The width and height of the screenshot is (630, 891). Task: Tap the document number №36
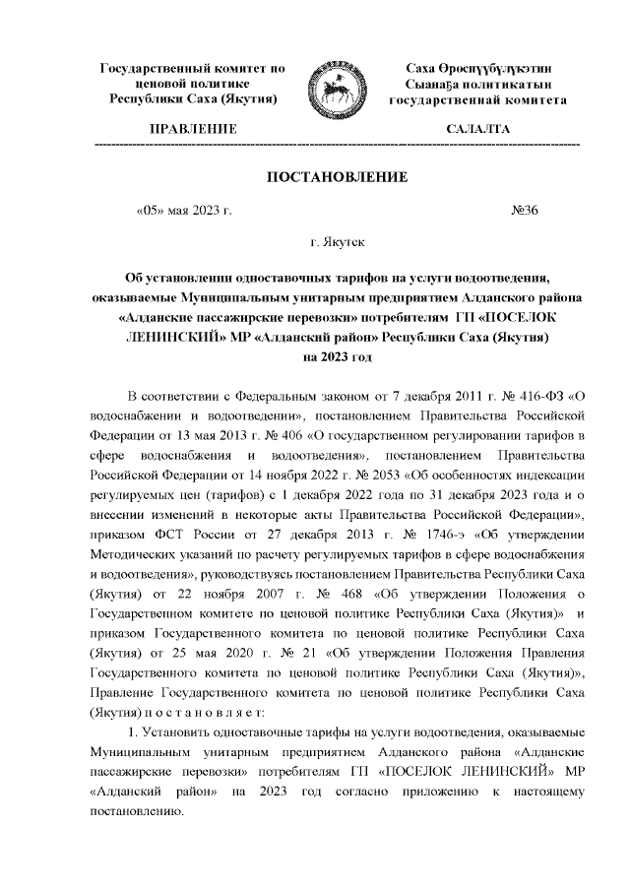pyautogui.click(x=525, y=209)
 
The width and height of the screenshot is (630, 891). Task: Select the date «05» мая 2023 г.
pyautogui.click(x=183, y=209)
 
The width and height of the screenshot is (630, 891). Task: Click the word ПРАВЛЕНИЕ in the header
pyautogui.click(x=193, y=129)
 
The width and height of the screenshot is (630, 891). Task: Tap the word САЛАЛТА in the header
pyautogui.click(x=477, y=129)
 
